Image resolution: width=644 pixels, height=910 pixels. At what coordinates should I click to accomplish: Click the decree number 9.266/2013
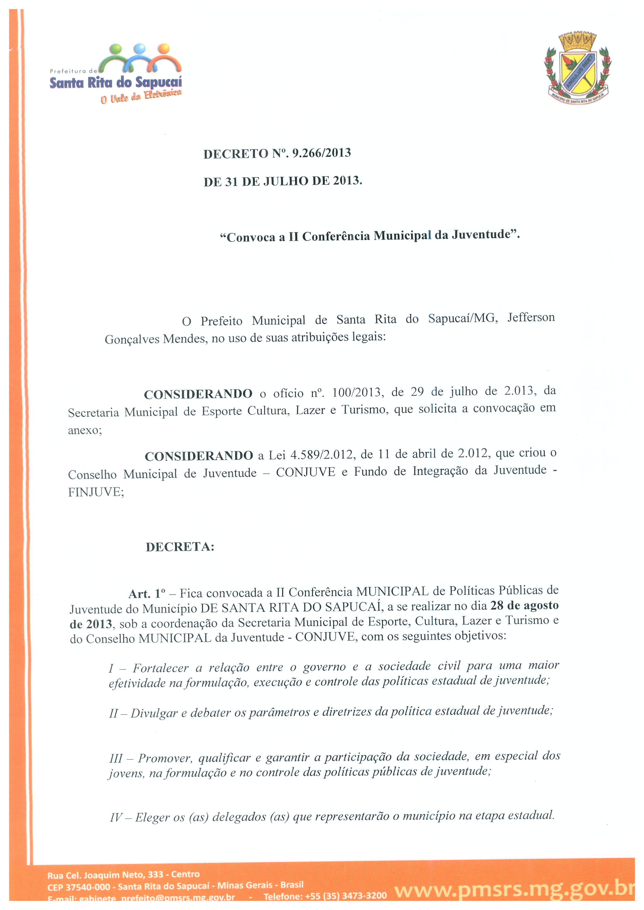321,153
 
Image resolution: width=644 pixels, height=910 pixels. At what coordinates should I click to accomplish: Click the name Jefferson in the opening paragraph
531,317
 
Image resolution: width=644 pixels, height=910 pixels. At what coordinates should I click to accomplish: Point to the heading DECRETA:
180,547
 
